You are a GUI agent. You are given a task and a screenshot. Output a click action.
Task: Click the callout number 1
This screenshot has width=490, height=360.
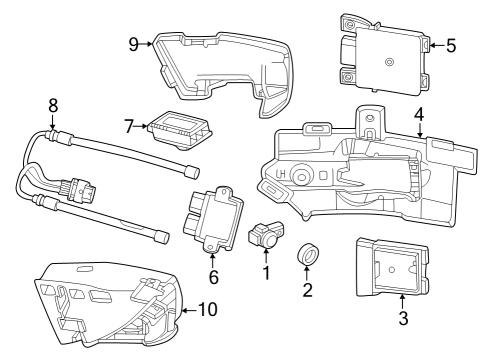[266, 271]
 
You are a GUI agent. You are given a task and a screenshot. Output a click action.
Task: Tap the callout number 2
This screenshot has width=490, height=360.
[307, 290]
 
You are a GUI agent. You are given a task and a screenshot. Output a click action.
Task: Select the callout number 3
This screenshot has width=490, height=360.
[402, 319]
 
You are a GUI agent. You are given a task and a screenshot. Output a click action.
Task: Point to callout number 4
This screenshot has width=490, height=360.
[420, 114]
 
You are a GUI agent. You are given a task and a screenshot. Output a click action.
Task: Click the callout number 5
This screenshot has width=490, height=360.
[450, 45]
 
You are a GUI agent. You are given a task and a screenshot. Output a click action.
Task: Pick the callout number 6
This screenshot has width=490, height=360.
[212, 275]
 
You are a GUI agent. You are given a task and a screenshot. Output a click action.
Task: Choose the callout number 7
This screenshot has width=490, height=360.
[129, 126]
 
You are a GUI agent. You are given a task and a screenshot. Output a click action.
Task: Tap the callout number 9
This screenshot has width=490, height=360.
[134, 43]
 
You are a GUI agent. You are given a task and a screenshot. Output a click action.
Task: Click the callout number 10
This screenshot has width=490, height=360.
[208, 310]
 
